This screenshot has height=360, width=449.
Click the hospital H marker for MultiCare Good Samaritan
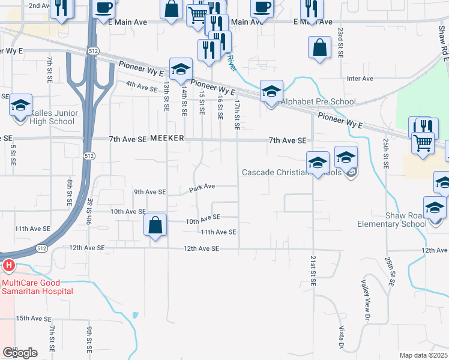tap(8, 265)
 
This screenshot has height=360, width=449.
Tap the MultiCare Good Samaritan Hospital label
tap(37, 287)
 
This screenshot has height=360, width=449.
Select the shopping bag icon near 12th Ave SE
tap(155, 226)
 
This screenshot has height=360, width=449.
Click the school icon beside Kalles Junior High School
tap(20, 106)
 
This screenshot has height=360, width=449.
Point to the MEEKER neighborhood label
tap(166, 139)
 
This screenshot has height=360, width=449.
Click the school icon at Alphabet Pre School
tap(271, 92)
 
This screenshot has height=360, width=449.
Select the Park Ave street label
tap(202, 188)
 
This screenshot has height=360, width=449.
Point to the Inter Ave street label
tap(360, 79)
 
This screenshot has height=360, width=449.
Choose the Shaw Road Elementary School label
tap(400, 220)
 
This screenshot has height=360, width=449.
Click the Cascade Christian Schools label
tap(291, 173)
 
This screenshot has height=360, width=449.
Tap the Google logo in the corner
tap(20, 353)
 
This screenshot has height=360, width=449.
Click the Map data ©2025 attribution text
tap(423, 355)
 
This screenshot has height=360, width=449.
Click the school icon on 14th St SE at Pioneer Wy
tap(181, 70)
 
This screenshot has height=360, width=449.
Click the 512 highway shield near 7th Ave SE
tap(89, 156)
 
